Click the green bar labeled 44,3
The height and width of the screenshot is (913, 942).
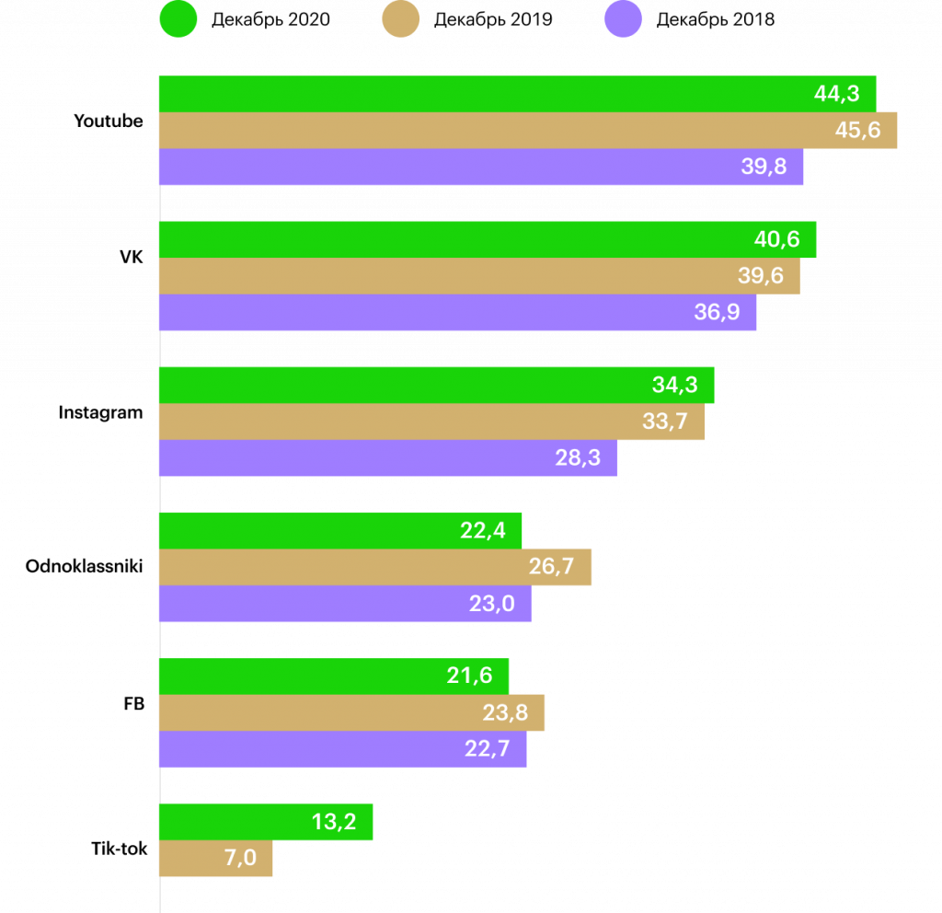[x=517, y=93]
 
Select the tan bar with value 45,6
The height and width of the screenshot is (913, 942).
[x=528, y=130]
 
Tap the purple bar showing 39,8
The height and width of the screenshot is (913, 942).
[x=481, y=167]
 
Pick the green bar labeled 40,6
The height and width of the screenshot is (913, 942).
[x=488, y=239]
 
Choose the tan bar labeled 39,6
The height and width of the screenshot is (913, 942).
[x=479, y=276]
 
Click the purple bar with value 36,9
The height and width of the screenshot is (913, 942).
[x=457, y=312]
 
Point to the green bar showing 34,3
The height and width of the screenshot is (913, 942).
[x=436, y=385]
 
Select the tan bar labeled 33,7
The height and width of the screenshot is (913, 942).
[x=431, y=422]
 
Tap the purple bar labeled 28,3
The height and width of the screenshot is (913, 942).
[x=388, y=457]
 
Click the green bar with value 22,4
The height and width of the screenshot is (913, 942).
[x=340, y=530]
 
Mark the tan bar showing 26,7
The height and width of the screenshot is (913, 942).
[x=375, y=567]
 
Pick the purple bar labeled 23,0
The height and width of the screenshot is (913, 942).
[x=345, y=604]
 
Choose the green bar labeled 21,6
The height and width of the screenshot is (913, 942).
[x=334, y=676]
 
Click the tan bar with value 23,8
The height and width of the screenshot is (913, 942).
[x=351, y=712]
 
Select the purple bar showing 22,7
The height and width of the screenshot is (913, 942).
[x=342, y=749]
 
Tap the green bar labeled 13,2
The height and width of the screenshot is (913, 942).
[x=266, y=822]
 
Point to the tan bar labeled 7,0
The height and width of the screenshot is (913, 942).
[x=215, y=859]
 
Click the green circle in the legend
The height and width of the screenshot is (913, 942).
[x=178, y=19]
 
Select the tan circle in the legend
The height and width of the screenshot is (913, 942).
[x=401, y=19]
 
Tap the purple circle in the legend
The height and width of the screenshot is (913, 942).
[x=623, y=19]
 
